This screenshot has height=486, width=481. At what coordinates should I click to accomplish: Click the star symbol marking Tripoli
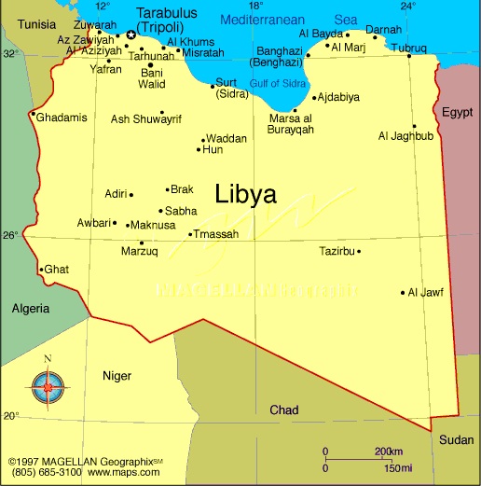(131, 35)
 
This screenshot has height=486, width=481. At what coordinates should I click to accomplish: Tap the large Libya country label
(245, 195)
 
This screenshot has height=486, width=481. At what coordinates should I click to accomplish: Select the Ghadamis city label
(62, 117)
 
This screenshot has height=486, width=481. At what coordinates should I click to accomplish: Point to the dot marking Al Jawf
(403, 292)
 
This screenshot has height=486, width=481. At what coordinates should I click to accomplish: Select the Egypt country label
(457, 112)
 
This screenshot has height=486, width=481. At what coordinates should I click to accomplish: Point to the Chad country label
(284, 410)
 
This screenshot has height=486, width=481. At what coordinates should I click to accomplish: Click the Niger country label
(117, 375)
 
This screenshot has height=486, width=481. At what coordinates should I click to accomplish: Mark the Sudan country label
(456, 440)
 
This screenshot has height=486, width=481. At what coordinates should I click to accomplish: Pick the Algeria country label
(31, 308)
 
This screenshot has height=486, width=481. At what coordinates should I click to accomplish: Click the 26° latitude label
(9, 235)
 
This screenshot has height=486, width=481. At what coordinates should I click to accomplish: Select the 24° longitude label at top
(407, 7)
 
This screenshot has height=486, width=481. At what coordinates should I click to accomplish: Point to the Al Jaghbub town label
(405, 136)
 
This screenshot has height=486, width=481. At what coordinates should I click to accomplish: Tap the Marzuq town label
(140, 251)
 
